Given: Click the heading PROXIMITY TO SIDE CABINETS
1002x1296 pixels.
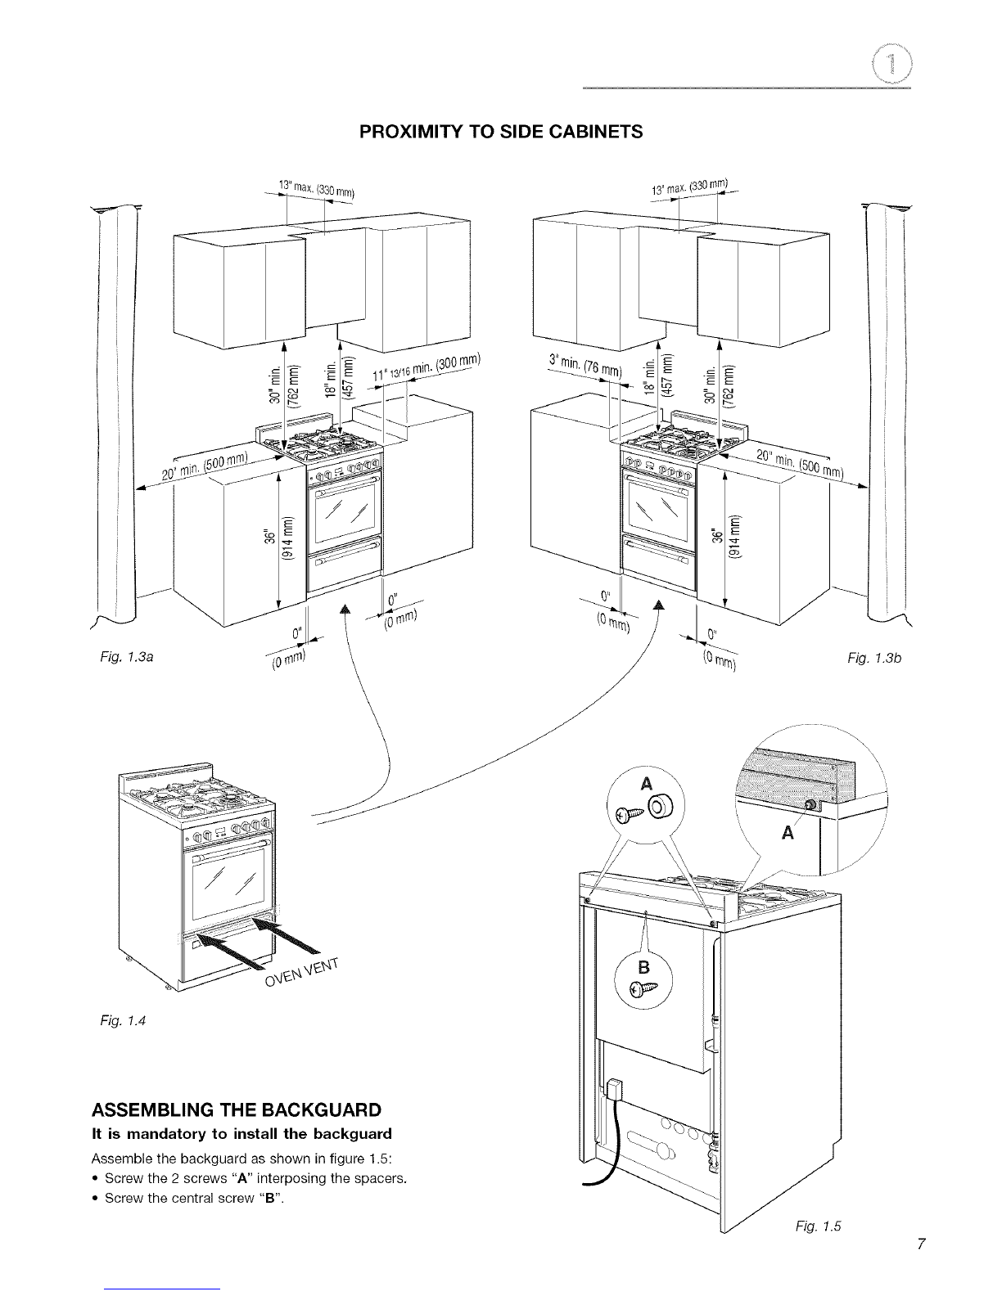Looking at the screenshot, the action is [501, 131].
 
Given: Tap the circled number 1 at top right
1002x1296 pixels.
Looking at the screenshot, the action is [891, 65].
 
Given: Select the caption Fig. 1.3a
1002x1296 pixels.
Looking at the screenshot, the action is [127, 657].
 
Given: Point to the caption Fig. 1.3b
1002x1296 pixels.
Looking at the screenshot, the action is [874, 658].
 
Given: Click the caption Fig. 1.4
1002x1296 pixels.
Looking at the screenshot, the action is [123, 1020].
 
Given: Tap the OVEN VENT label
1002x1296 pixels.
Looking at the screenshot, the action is [302, 973].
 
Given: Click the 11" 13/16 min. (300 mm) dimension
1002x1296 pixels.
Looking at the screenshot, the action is [427, 368].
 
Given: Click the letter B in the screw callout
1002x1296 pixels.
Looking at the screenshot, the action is [643, 967].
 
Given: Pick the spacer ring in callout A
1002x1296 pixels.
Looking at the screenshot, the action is [660, 808].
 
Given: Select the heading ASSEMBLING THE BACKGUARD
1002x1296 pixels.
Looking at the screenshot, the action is [237, 1110].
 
